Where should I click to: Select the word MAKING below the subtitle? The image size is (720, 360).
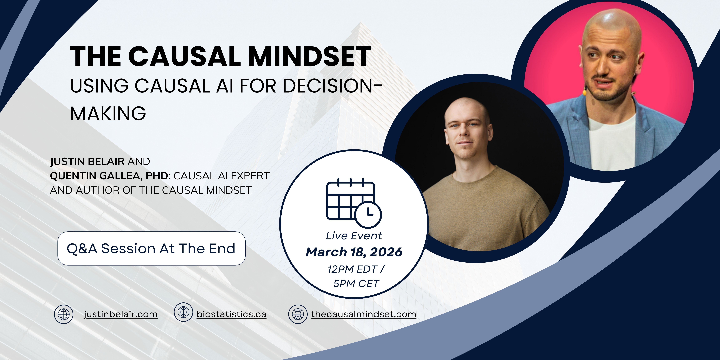[108, 113]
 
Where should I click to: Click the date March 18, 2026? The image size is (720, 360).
[354, 252]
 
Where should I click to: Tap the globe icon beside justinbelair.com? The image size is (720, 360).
[64, 314]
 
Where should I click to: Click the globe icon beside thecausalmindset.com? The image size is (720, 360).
[298, 314]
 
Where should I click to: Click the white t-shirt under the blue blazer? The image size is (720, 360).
[612, 142]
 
